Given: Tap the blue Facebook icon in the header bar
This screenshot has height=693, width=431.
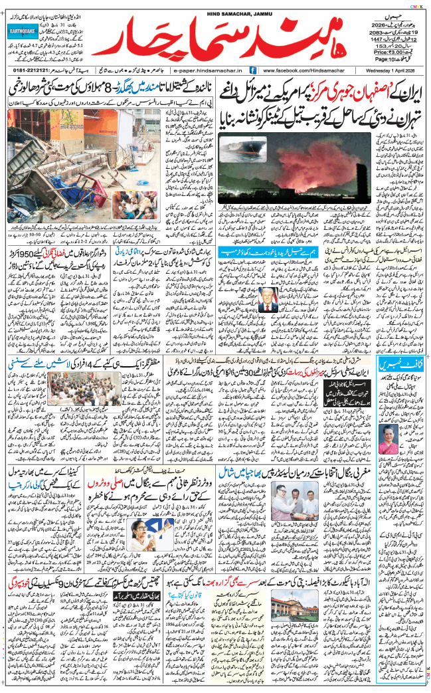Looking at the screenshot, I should (253, 70).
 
